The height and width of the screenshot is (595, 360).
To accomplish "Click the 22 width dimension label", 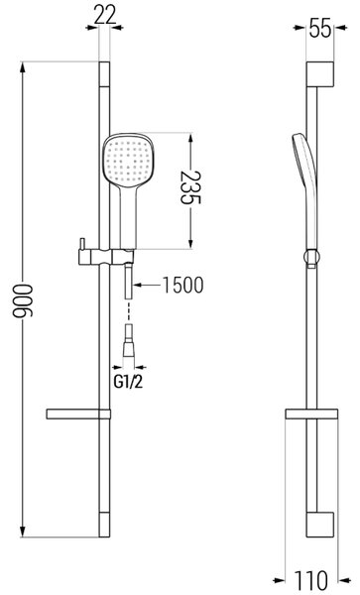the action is click(x=105, y=15).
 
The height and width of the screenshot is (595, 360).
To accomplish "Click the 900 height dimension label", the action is click(x=23, y=299).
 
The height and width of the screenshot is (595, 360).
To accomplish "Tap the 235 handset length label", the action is click(x=190, y=187).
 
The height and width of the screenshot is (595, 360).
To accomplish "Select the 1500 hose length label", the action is click(x=182, y=285).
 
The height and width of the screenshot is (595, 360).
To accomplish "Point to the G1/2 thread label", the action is click(x=128, y=382).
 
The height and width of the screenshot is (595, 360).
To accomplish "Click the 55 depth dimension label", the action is click(x=320, y=28).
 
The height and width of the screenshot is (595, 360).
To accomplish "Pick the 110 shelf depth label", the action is click(x=311, y=580).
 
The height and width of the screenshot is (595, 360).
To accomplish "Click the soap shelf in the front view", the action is click(x=78, y=414).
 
